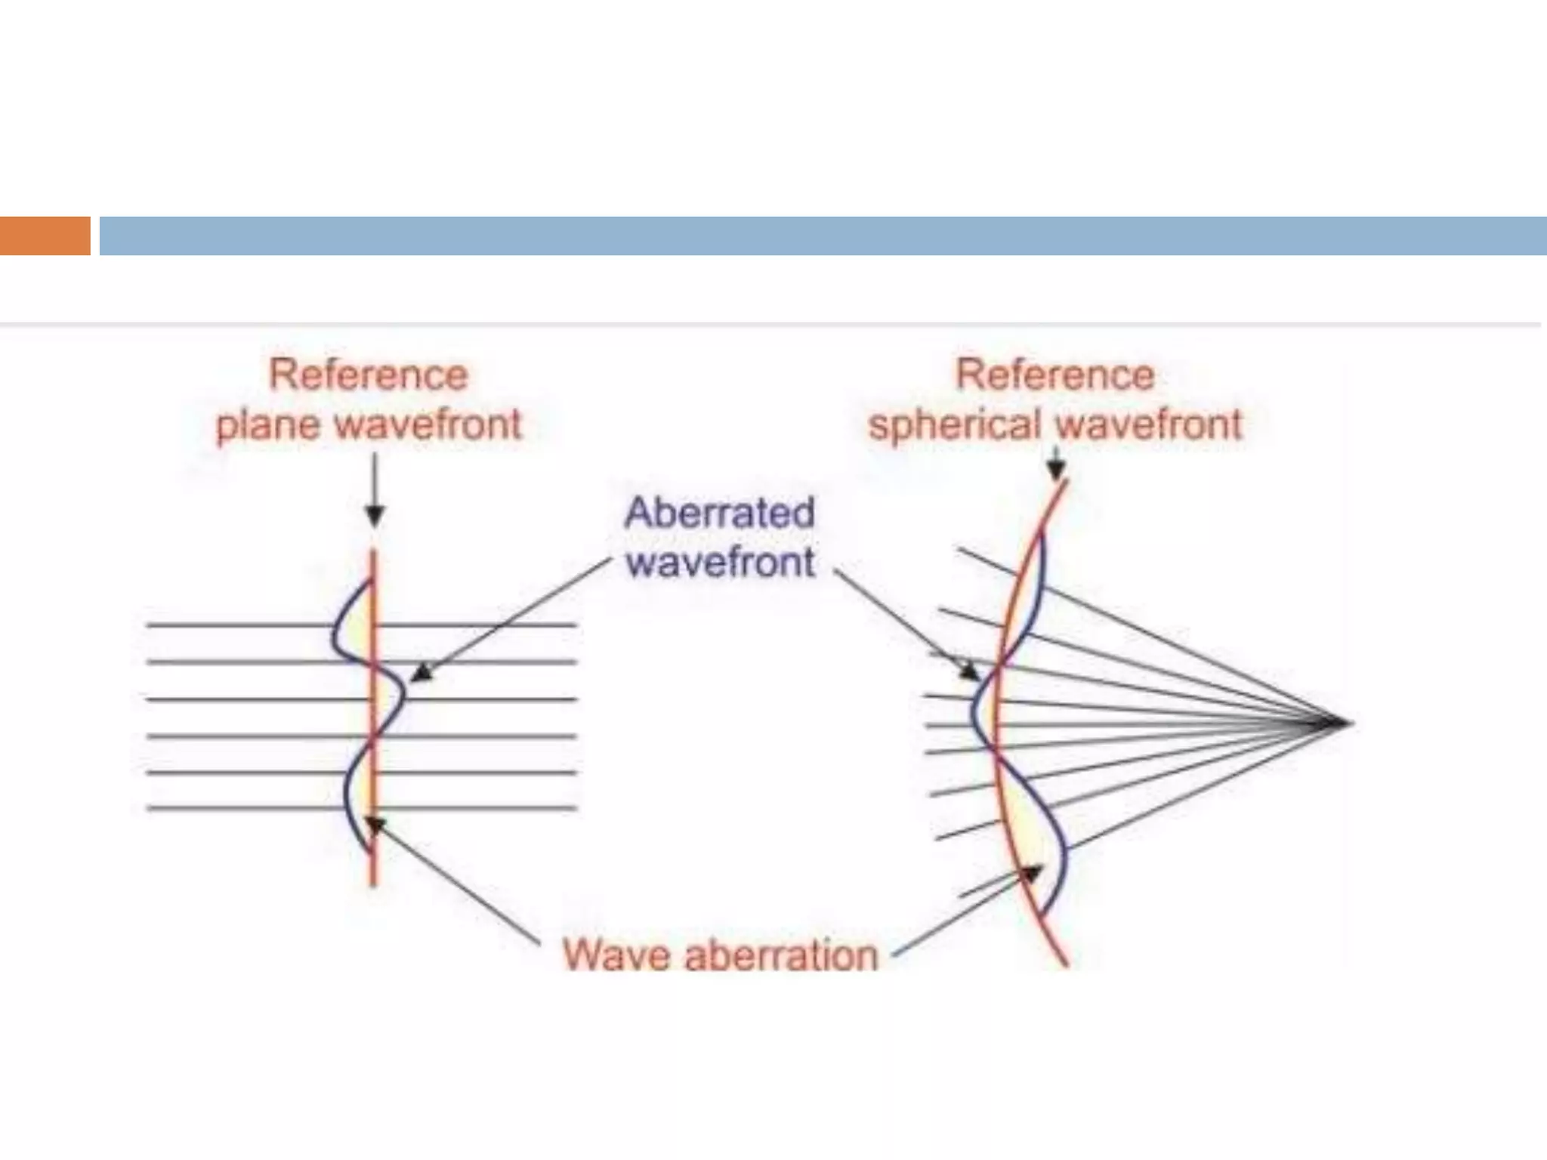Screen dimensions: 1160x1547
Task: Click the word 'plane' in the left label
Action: [270, 424]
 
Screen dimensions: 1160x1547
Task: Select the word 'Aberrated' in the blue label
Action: [720, 513]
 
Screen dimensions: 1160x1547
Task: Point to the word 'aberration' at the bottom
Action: [782, 955]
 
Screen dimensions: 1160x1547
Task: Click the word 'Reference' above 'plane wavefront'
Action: [369, 375]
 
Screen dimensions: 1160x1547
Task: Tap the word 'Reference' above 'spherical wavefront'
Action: [1055, 375]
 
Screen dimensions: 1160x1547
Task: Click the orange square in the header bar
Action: [45, 236]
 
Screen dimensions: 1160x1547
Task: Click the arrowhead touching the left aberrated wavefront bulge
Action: [419, 671]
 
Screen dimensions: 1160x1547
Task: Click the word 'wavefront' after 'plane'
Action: [428, 424]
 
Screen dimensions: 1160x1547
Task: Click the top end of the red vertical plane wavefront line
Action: [373, 552]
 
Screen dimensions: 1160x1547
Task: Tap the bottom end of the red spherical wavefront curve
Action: [1066, 964]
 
